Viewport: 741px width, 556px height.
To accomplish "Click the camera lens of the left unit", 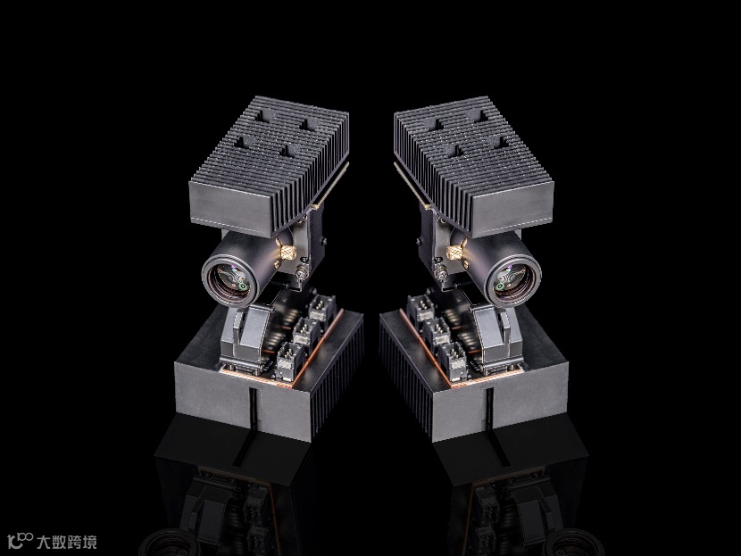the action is pyautogui.click(x=230, y=281).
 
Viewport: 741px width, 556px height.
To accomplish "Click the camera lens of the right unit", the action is pyautogui.click(x=512, y=281).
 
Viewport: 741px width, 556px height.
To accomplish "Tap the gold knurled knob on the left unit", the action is pyautogui.click(x=286, y=252).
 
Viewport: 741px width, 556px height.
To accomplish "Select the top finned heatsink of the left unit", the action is pyautogui.click(x=269, y=165).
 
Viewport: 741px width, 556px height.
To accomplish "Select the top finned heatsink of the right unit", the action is pyautogui.click(x=473, y=165).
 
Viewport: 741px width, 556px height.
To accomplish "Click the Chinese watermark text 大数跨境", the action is pyautogui.click(x=67, y=542).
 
